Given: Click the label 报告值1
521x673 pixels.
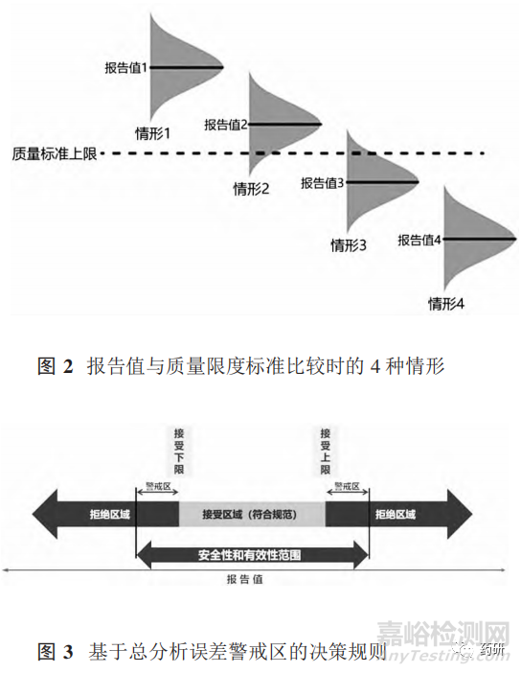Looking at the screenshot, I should point(127,68).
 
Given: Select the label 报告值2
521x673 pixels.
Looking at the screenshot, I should point(226,125).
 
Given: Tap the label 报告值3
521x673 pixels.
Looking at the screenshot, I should point(323,182).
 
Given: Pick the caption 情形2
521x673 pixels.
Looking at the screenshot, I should point(252,189).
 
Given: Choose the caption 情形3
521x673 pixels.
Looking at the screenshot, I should point(349,244).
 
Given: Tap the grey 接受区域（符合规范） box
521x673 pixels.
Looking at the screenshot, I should point(252,514).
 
